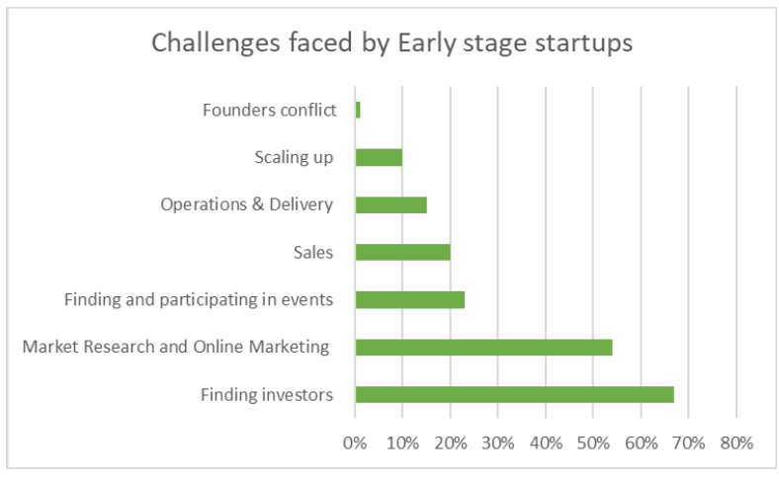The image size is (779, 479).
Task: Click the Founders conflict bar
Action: [358, 110]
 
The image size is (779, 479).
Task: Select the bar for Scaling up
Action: [379, 157]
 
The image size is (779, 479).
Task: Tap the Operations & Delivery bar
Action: [391, 205]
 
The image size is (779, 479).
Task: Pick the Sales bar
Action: [403, 252]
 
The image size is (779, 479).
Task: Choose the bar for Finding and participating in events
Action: [410, 300]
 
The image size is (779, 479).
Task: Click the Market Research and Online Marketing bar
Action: [483, 348]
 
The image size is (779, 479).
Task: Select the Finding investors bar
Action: [515, 395]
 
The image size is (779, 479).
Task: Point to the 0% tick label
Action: [355, 442]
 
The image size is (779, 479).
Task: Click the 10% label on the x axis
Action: [402, 442]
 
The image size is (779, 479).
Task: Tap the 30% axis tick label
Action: [498, 442]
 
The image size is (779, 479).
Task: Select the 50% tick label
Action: [593, 442]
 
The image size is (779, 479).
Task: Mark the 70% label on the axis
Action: [689, 442]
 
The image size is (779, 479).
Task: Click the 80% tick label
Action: [736, 442]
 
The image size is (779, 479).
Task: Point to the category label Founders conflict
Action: [269, 110]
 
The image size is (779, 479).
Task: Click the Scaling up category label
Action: [294, 158]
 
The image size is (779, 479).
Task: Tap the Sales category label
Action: [313, 252]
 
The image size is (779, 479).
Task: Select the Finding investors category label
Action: [267, 395]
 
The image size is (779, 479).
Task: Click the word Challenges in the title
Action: [216, 43]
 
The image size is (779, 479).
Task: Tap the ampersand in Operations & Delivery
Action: [258, 204]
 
